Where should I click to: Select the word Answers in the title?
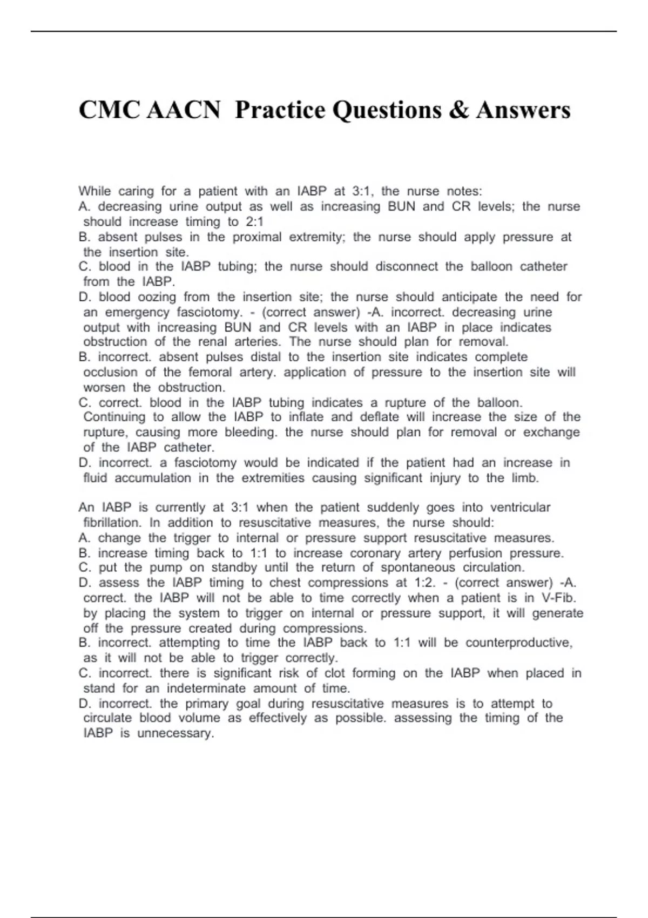523,110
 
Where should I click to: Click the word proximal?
257,237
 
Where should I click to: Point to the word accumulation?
153,478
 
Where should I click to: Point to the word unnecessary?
175,733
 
